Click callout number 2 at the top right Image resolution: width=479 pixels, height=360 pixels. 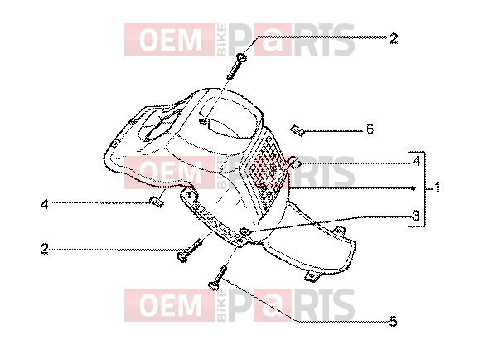click(394, 38)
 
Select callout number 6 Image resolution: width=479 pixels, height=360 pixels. click(370, 129)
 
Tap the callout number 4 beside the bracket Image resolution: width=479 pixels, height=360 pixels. click(417, 161)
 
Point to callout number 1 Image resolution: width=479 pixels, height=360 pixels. click(437, 187)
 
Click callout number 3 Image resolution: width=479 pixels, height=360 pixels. click(416, 216)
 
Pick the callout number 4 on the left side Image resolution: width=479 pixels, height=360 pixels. click(45, 204)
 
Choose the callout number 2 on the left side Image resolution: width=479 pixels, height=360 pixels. click(45, 249)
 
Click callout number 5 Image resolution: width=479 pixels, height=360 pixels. click(393, 322)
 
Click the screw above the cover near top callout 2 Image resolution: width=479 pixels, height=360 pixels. click(236, 66)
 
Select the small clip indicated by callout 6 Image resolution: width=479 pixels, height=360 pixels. click(298, 130)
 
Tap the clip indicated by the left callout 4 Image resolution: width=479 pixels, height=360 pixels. click(157, 202)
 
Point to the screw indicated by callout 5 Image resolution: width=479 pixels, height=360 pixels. click(218, 278)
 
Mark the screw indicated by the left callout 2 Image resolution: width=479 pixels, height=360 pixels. click(190, 251)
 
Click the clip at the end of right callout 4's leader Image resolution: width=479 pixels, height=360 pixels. click(295, 162)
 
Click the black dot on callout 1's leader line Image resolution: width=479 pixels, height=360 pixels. click(414, 188)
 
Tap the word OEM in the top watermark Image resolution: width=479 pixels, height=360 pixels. click(171, 40)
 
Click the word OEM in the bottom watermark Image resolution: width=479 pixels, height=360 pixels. click(171, 305)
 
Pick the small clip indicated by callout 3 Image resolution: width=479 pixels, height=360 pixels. click(244, 231)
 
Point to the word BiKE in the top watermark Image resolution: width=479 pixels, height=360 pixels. click(222, 40)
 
